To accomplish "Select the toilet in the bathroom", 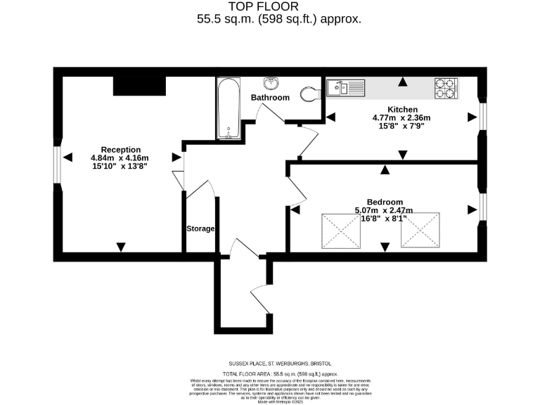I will [307, 94].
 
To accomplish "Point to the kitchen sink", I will [345, 88].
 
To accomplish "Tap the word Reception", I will [120, 149].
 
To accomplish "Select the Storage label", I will [200, 229].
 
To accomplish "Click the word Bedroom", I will [385, 201].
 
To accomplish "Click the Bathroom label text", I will [270, 98].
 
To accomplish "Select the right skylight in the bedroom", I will [419, 230].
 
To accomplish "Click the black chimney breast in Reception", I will [139, 85].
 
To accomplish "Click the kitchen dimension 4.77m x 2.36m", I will [401, 118].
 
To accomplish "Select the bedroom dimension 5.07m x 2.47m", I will [384, 210].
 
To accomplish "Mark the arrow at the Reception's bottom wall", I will [121, 247].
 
